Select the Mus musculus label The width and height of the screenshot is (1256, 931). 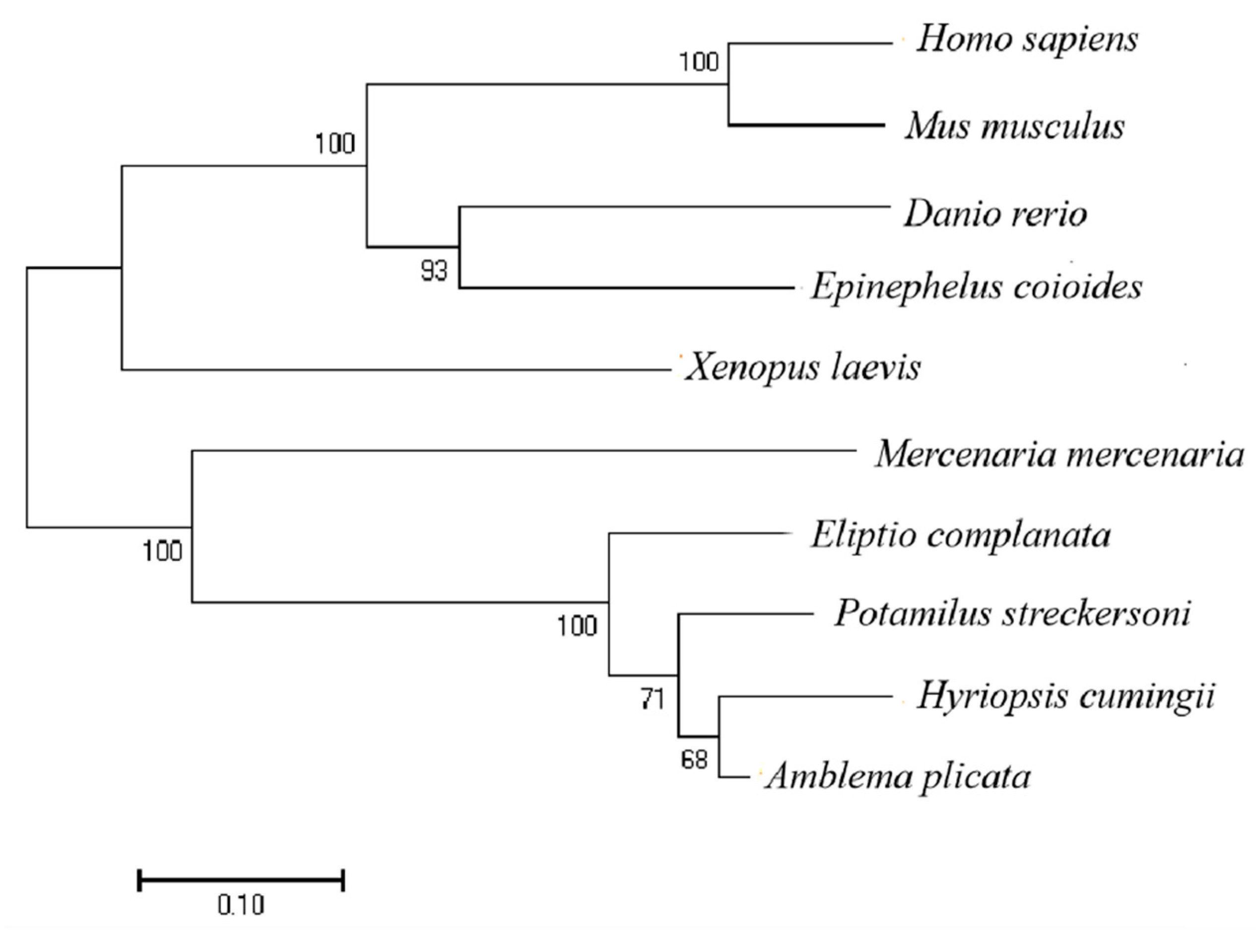coord(1015,126)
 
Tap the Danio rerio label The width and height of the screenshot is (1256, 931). coord(995,214)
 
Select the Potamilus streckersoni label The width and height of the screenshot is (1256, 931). coord(1012,613)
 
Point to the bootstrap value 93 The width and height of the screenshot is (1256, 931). coord(434,272)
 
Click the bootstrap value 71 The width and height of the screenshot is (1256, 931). coord(653,699)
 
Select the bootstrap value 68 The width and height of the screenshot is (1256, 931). coord(694,760)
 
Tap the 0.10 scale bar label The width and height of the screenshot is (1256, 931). coord(241,905)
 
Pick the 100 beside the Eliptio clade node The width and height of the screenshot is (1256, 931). coord(577,626)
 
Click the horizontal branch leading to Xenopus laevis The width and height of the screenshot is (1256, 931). coord(395,370)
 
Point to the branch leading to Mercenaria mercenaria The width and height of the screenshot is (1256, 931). coord(524,450)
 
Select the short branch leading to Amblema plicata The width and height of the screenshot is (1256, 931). coord(735,778)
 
